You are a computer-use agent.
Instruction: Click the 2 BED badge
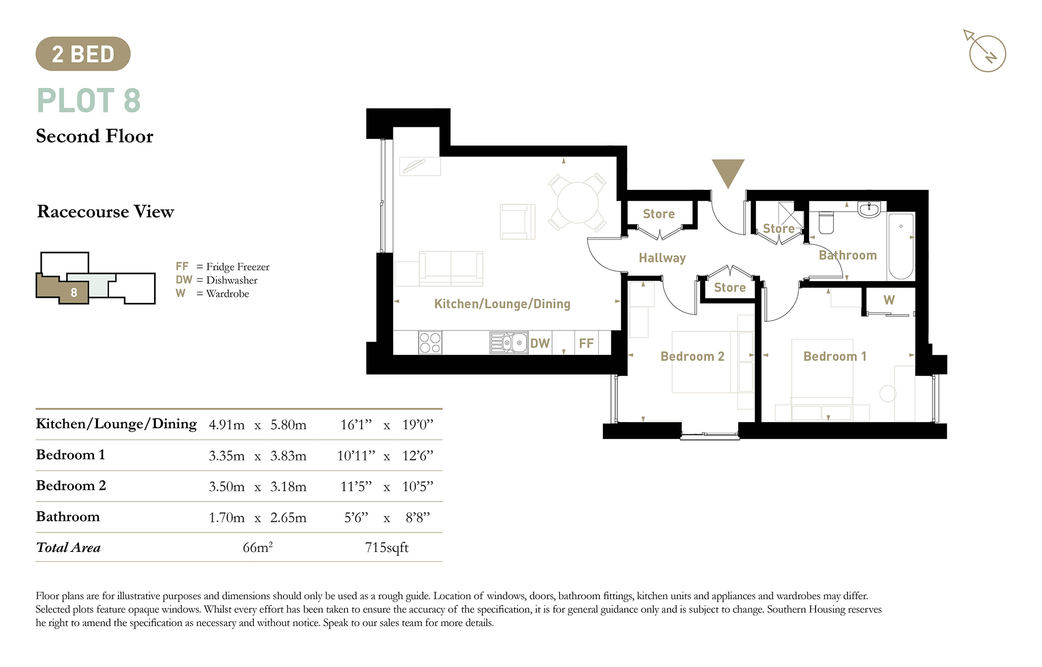83,53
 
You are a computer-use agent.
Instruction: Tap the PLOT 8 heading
89,100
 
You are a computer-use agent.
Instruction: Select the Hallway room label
662,258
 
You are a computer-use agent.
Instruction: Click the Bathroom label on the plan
848,255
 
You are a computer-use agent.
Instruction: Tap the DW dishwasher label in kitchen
540,343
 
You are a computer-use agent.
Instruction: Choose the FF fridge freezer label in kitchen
586,343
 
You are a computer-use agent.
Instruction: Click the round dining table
577,203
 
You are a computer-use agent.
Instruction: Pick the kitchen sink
509,343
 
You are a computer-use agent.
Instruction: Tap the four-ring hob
430,343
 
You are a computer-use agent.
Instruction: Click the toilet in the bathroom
826,223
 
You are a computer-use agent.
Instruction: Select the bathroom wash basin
869,209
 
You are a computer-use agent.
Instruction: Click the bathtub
901,246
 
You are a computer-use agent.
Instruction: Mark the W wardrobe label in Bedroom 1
889,300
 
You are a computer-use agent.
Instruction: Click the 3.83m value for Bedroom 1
288,456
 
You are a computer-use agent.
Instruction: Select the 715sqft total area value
387,548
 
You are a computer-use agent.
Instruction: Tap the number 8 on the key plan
74,292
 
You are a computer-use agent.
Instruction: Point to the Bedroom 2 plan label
692,356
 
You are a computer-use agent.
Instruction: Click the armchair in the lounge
517,221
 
